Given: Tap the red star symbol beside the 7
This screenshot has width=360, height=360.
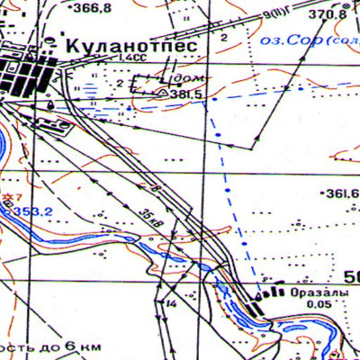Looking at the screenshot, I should pyautogui.click(x=8, y=196).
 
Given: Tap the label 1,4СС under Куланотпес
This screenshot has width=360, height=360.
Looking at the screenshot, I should pyautogui.click(x=132, y=58).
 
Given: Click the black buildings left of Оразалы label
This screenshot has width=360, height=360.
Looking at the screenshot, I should pyautogui.click(x=258, y=306).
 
